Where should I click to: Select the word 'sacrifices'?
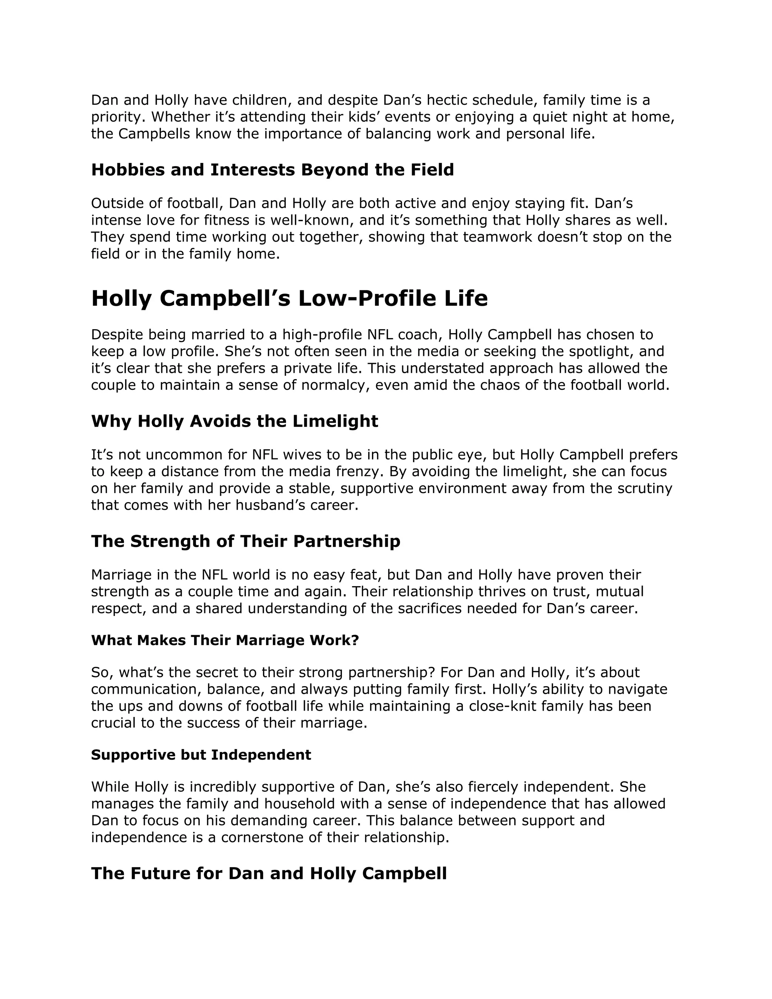pos(448,608)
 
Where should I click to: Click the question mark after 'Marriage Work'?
pos(355,640)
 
